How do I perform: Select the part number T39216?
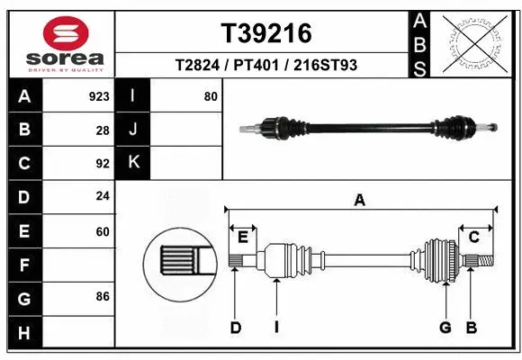(x=266, y=33)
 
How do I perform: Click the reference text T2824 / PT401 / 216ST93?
(x=266, y=66)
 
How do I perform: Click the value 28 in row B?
(x=103, y=130)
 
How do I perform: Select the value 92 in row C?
(x=103, y=164)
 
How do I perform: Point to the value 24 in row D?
(x=103, y=196)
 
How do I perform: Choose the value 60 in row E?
(x=103, y=231)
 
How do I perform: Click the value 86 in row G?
(x=103, y=295)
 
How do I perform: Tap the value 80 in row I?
(x=211, y=96)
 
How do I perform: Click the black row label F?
(x=23, y=265)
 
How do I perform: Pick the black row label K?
(x=133, y=163)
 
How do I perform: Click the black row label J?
(x=133, y=130)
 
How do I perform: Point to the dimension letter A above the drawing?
(x=360, y=201)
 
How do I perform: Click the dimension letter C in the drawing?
(x=473, y=237)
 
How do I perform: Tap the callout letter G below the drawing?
(x=445, y=328)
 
